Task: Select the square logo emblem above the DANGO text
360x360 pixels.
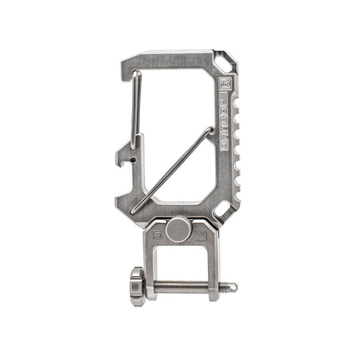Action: point(225,85)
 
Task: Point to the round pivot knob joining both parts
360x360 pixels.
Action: point(177,230)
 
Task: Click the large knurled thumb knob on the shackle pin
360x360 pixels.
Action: point(138,286)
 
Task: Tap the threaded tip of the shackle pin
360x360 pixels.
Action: point(231,287)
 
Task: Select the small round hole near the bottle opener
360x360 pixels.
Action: point(134,160)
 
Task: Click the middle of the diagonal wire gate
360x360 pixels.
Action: point(172,170)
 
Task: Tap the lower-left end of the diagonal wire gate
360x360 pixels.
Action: point(135,210)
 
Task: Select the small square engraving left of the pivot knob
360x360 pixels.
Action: point(157,234)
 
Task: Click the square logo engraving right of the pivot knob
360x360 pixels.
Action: point(199,234)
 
